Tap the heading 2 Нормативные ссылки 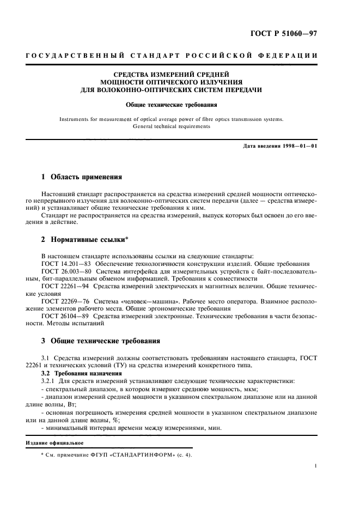click(86, 240)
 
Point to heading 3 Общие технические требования click(101, 341)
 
